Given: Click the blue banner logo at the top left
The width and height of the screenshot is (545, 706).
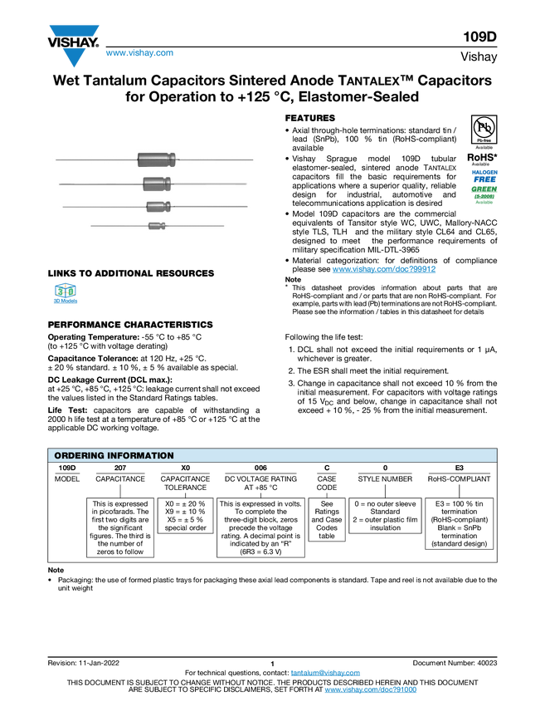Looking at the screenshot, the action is coord(75,31).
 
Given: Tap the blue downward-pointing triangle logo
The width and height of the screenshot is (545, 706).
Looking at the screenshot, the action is coord(75,58).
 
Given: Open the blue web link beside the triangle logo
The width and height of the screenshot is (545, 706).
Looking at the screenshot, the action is coord(139,53).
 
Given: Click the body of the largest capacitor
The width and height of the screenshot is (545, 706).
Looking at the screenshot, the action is coord(155,159).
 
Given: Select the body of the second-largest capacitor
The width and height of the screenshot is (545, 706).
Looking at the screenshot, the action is coord(155,183).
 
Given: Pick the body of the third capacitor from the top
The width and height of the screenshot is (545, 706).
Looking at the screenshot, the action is coord(157,206).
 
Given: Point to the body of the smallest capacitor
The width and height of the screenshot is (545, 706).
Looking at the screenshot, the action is coord(155,225).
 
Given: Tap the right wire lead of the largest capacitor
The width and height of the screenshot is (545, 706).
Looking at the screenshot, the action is coord(216,159).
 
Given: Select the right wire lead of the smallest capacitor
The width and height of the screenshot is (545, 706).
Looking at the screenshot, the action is coord(195,225).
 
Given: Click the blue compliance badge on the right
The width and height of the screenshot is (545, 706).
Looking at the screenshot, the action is coord(484,175).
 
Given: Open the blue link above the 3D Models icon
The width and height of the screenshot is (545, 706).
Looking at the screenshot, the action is coord(384,269).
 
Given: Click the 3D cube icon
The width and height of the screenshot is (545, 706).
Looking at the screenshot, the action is coord(65,292).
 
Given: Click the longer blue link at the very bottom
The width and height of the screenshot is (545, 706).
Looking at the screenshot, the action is coord(370,690).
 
